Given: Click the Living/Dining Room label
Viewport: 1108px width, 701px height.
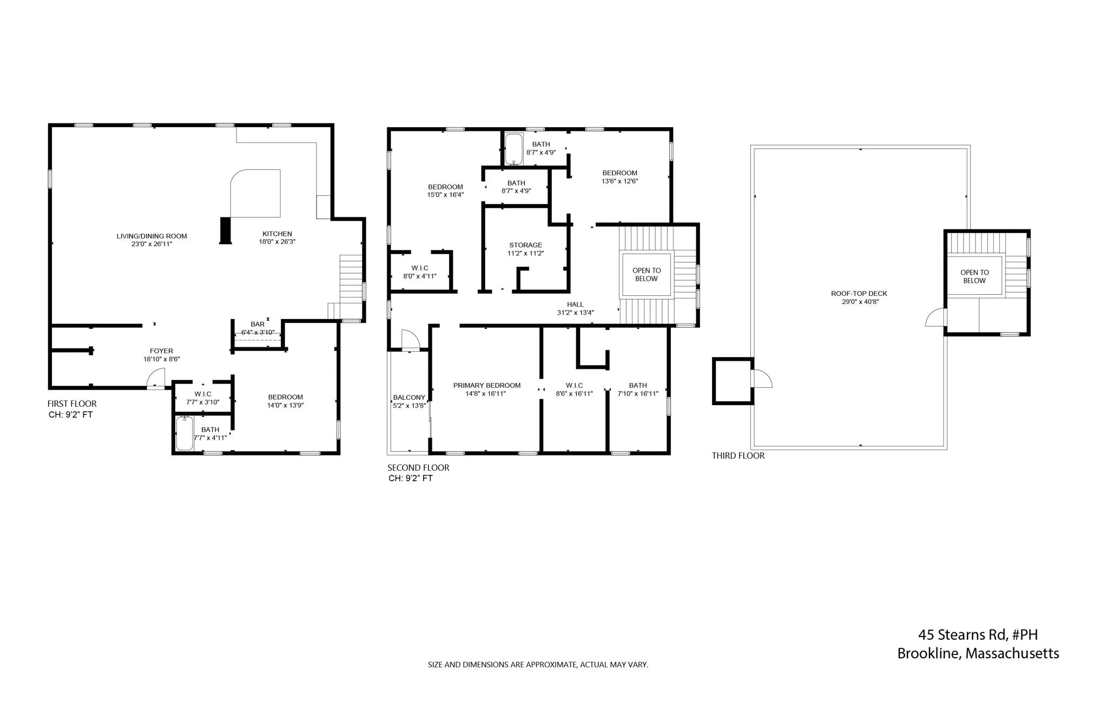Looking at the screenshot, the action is (x=151, y=236).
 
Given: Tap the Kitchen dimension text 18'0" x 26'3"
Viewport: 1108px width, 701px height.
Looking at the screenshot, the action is (x=277, y=242).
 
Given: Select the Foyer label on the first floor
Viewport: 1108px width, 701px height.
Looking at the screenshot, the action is (x=161, y=351).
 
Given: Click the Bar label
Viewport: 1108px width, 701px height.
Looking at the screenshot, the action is (x=258, y=325).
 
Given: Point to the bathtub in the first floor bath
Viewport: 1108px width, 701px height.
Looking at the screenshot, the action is (x=185, y=433).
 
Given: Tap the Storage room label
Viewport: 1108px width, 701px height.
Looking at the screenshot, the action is (x=525, y=245).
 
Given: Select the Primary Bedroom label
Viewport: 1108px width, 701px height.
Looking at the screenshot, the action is (x=487, y=386).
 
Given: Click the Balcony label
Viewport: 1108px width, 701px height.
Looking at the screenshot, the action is (x=409, y=398).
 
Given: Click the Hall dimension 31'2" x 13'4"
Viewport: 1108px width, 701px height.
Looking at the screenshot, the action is (x=576, y=313).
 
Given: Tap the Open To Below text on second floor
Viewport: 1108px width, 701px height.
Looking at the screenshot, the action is (x=647, y=275).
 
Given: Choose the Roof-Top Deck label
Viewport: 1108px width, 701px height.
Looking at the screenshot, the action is (x=859, y=294).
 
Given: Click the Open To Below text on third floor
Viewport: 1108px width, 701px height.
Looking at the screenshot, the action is (x=974, y=276).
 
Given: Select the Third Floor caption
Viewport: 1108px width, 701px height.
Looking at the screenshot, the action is (x=738, y=456).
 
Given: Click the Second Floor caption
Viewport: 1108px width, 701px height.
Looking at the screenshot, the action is (x=418, y=468).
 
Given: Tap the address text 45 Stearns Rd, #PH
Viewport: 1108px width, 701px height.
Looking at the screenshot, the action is (x=978, y=634).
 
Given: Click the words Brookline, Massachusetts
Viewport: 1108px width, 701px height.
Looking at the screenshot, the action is (x=978, y=653).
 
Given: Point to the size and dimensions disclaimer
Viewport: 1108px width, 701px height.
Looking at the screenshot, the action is (x=538, y=665).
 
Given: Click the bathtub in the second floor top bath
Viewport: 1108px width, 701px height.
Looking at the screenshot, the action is (x=513, y=150).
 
